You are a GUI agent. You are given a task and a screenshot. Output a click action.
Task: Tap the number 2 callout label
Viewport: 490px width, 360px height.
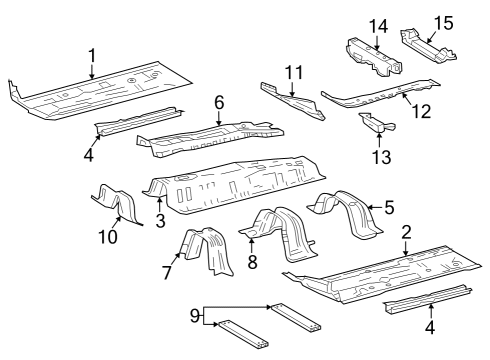(x=406, y=232)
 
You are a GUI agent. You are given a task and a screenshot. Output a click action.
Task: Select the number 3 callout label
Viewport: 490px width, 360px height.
(x=159, y=220)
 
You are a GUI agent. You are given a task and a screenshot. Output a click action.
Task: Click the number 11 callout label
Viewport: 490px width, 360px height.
(x=292, y=72)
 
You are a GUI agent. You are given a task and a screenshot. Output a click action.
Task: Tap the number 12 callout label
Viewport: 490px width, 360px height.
(x=422, y=112)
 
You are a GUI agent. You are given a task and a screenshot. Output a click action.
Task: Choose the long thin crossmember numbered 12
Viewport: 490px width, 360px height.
(x=380, y=97)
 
